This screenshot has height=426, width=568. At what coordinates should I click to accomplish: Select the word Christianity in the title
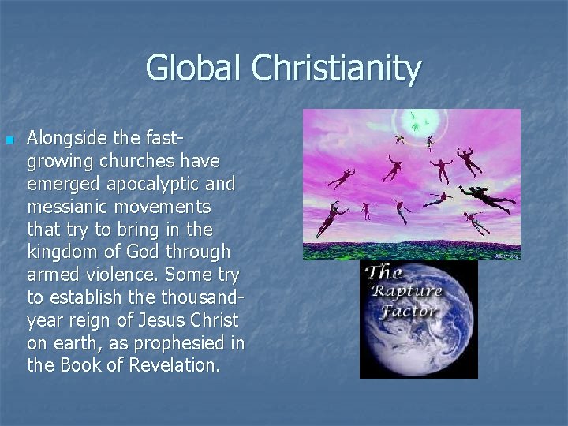coord(337,69)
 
